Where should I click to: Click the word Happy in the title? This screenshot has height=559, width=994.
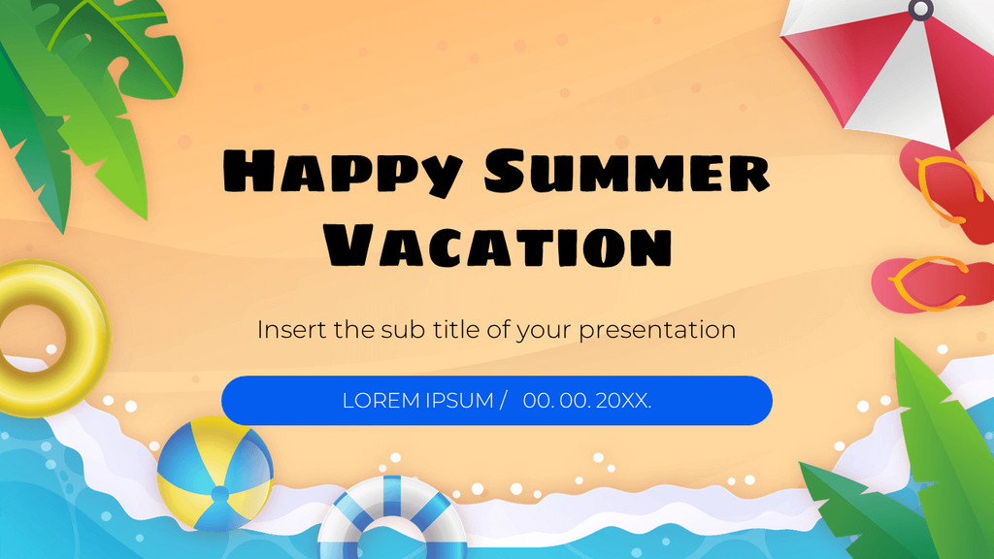(343, 172)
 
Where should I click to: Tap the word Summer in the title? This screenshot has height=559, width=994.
(627, 170)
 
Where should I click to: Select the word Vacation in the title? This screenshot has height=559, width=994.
(498, 246)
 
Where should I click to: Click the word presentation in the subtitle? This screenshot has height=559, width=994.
(657, 330)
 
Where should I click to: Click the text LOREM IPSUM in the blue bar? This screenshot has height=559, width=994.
(417, 401)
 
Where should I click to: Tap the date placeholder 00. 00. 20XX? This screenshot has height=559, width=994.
(587, 401)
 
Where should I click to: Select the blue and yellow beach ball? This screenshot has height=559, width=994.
(215, 474)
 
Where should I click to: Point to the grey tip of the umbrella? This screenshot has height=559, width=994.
(920, 9)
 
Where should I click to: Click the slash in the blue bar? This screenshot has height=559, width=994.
(504, 401)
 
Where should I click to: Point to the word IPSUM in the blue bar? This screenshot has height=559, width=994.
(459, 401)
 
